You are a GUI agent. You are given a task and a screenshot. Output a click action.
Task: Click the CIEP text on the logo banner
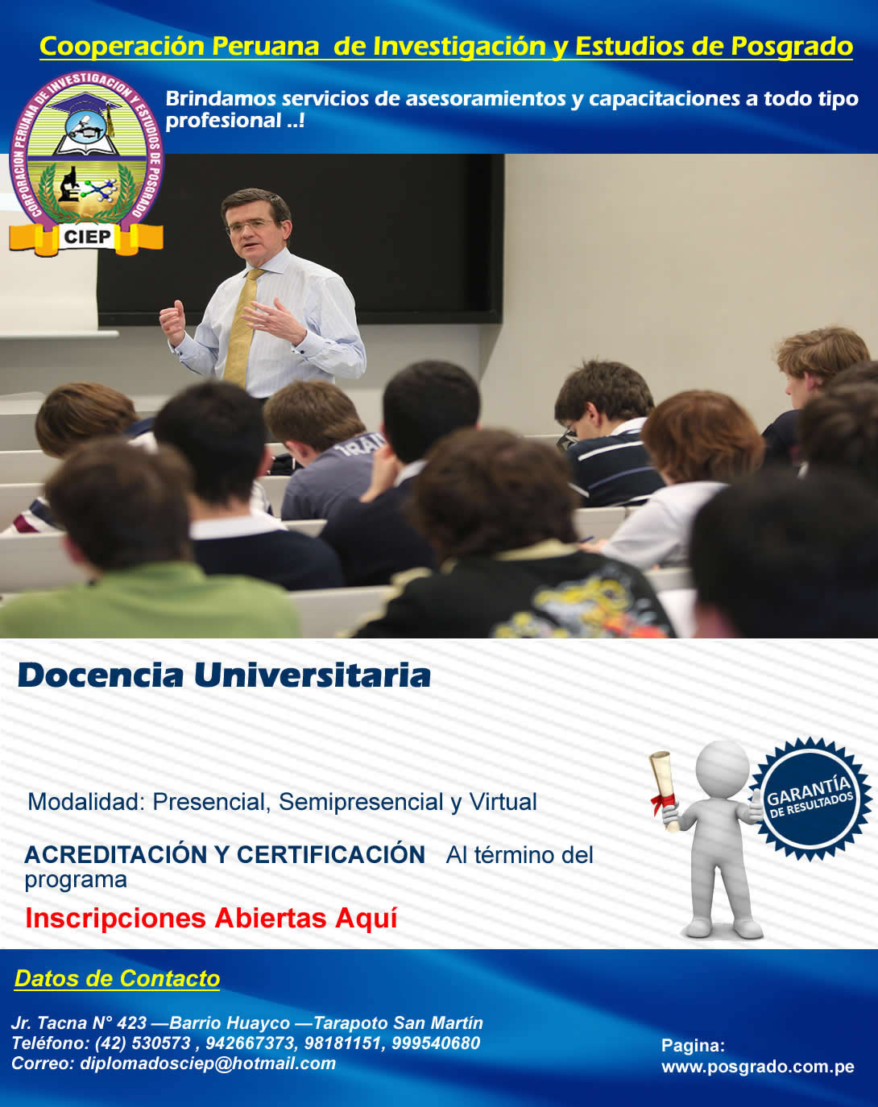[87, 237]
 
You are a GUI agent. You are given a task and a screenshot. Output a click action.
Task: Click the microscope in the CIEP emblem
[68, 184]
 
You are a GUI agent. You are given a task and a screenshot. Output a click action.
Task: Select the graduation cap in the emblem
[86, 106]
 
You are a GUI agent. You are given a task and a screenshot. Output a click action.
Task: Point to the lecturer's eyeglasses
[251, 225]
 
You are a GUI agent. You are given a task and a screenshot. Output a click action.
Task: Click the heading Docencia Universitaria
[224, 675]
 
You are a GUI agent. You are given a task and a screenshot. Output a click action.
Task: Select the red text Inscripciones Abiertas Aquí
[211, 919]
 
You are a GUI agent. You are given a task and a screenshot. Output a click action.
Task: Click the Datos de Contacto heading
[117, 978]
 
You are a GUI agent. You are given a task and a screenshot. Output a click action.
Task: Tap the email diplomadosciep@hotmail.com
[208, 1064]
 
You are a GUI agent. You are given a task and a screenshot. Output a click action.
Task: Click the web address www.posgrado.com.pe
[757, 1067]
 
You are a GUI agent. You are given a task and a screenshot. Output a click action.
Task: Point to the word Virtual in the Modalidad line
[503, 802]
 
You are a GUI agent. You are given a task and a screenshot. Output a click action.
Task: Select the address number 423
[132, 1022]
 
